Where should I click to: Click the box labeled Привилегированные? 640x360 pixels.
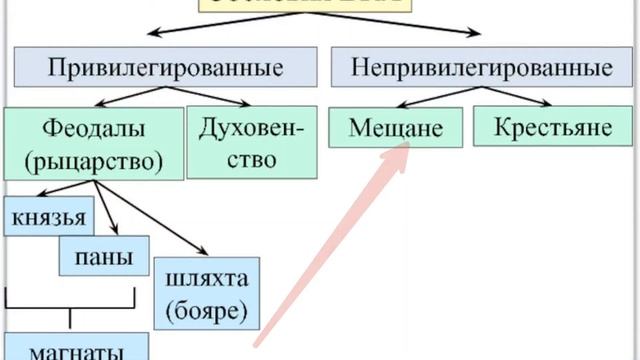pos(165,68)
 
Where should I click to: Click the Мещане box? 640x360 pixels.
pos(395,129)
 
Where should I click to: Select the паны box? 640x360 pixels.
pos(104,256)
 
